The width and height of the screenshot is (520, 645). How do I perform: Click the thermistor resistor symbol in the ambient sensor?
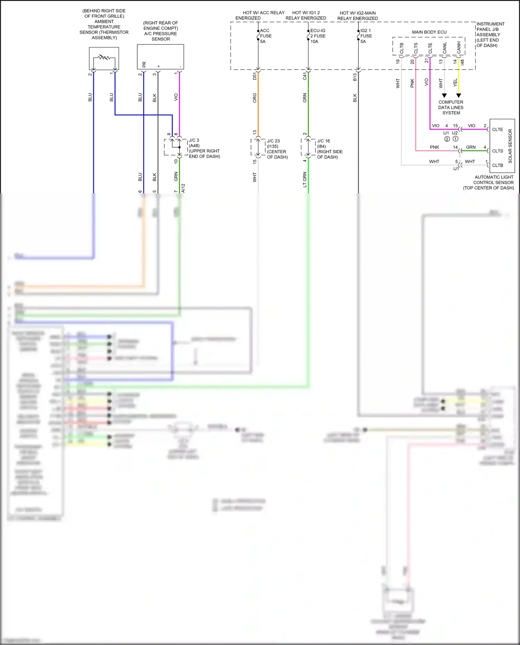[104, 57]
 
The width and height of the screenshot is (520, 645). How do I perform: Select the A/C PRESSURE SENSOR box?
[160, 56]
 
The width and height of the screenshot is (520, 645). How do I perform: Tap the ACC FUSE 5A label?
[266, 36]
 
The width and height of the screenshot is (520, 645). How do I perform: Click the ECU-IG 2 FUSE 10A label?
[318, 36]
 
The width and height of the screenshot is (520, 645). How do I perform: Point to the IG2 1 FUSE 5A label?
[366, 36]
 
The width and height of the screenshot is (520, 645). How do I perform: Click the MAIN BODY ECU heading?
[429, 32]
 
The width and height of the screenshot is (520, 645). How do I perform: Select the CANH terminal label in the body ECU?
[459, 48]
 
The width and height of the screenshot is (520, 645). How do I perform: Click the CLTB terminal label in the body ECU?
[401, 48]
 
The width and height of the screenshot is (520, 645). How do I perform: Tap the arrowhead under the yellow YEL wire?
[459, 95]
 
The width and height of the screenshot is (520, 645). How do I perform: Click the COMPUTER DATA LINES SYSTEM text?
[451, 107]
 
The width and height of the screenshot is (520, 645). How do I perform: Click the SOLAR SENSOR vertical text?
[510, 146]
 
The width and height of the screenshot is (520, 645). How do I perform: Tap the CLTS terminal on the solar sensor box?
[497, 151]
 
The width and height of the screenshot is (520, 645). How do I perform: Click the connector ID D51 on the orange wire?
[255, 76]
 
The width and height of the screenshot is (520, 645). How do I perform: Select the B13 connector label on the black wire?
[355, 77]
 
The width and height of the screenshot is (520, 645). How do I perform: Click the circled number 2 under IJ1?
[447, 139]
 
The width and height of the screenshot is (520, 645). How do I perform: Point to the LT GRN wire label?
[305, 180]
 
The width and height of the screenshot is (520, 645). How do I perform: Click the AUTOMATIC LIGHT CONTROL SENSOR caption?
[493, 182]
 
